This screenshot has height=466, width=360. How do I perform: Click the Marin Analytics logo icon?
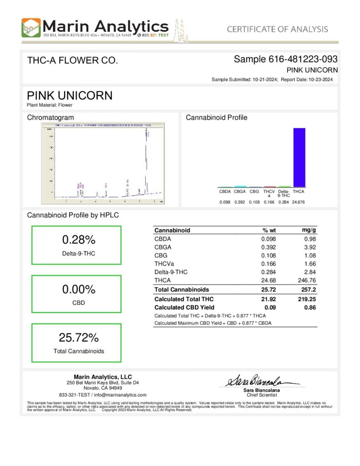(31, 28)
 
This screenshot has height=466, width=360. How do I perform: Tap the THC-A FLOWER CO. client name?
(73, 60)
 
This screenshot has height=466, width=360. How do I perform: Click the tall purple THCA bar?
(299, 157)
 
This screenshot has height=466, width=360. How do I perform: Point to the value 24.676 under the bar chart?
(299, 202)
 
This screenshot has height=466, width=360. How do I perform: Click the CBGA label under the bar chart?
(240, 192)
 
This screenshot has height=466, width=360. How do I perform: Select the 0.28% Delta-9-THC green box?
(76, 245)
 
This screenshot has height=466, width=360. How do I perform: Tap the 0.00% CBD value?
(78, 289)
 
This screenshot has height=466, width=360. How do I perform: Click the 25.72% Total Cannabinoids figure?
(78, 338)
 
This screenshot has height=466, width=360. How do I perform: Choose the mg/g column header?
(309, 230)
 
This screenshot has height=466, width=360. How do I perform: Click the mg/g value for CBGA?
(310, 247)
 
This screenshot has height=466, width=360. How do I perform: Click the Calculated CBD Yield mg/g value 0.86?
(310, 307)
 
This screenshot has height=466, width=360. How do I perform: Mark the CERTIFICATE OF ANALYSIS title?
(277, 29)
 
